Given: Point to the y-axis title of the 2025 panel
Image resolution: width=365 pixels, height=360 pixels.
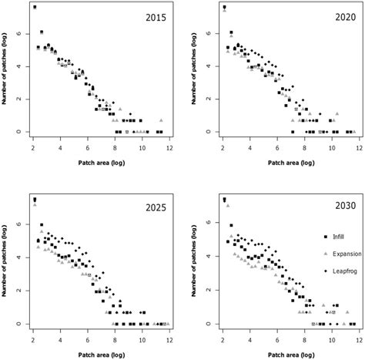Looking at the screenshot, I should coord(7,264).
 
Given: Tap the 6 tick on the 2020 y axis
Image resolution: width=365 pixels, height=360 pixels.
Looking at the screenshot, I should coord(209,35).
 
